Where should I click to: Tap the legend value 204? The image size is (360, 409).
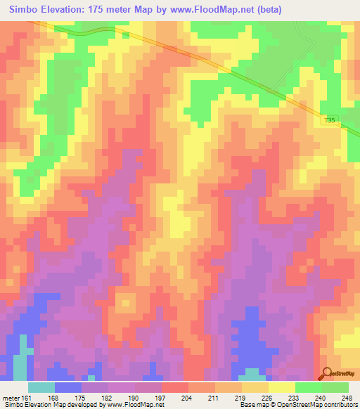tap(166, 398)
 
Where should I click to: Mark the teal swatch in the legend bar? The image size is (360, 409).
tap(41, 387)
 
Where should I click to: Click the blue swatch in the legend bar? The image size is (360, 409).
tap(68, 387)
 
